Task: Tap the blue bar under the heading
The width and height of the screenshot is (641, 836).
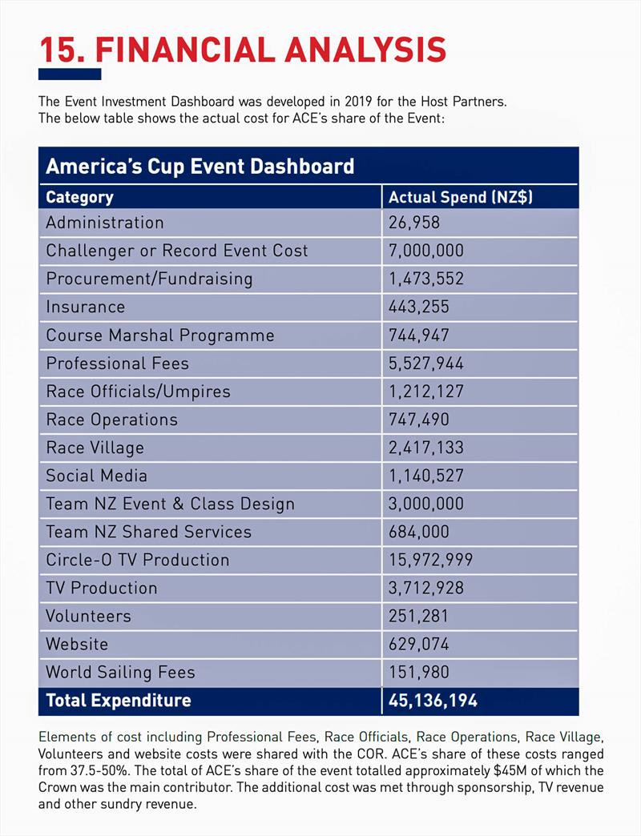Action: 70,74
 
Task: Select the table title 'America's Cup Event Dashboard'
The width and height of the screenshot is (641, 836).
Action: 200,167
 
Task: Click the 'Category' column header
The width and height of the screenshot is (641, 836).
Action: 79,197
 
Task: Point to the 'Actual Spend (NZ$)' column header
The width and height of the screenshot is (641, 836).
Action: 461,197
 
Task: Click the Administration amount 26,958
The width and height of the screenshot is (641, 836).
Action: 414,223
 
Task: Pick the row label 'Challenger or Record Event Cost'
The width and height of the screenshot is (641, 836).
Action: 176,251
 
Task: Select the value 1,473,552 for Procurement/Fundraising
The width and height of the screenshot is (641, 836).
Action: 426,279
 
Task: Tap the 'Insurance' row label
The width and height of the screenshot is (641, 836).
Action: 85,307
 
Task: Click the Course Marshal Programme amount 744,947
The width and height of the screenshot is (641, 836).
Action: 419,336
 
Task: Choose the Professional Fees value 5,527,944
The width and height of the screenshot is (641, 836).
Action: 426,364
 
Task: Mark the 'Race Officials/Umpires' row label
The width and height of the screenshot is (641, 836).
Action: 138,392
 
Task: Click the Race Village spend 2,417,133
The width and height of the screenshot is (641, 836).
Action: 426,448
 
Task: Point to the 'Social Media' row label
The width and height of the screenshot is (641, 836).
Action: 96,476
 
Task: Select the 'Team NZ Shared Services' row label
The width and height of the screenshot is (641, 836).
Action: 148,532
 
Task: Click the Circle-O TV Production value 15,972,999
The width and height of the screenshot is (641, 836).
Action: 431,560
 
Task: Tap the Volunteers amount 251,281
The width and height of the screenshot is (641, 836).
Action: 419,616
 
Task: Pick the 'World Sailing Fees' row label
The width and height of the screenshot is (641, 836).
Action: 120,672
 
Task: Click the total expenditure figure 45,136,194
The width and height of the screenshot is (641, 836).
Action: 433,701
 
